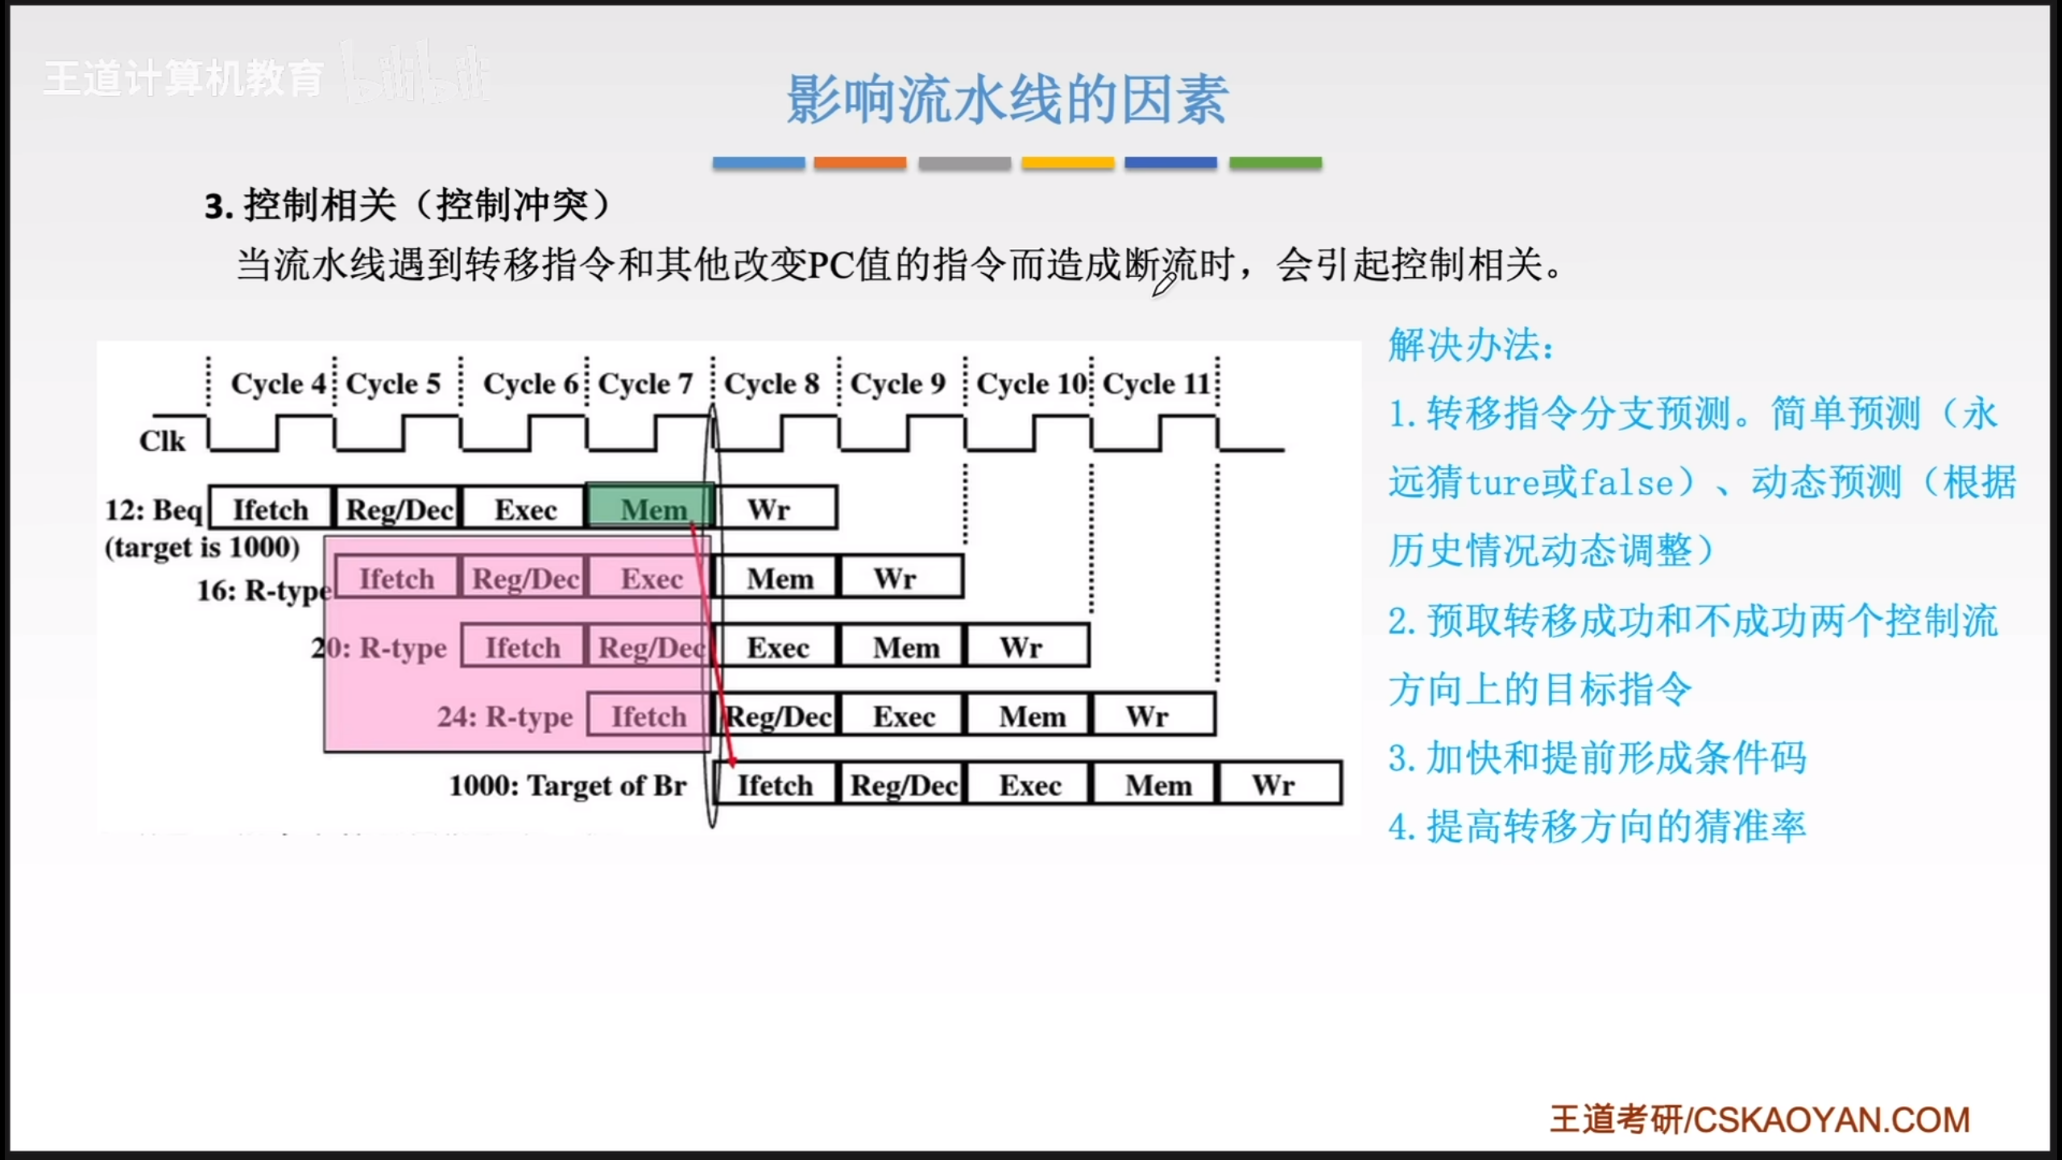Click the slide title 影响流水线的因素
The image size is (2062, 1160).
[1007, 100]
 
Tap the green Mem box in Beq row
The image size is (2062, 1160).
[651, 507]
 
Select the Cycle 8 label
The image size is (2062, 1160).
[772, 383]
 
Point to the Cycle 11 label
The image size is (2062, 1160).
[1157, 383]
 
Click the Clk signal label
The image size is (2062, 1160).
[162, 441]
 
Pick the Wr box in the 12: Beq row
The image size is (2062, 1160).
[775, 507]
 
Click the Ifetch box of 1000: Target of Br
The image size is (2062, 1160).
[775, 784]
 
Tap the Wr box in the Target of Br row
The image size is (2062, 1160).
[1280, 784]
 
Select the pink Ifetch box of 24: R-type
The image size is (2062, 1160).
[648, 715]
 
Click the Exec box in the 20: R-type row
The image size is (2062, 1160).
[778, 647]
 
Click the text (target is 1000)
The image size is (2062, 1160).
[202, 548]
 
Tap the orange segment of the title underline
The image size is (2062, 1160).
[860, 163]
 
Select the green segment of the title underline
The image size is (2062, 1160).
[1275, 163]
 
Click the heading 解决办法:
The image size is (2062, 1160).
[1471, 345]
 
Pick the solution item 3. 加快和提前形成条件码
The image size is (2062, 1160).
[1597, 757]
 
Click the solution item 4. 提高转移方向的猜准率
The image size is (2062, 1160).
[1597, 826]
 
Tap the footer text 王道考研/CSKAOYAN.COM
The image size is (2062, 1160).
[1760, 1120]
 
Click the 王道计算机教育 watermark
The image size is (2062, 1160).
[184, 78]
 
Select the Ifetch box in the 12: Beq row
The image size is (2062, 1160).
[271, 507]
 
